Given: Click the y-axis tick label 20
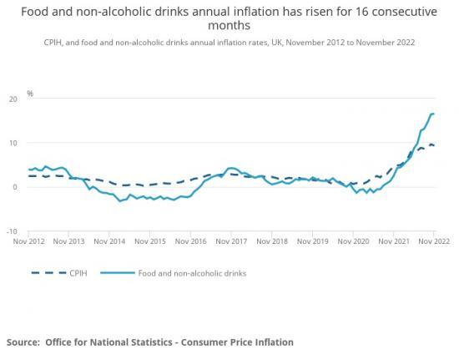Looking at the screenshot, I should (x=13, y=99).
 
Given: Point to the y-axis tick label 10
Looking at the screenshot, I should (x=13, y=143).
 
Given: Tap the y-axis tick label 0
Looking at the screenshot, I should (x=15, y=187).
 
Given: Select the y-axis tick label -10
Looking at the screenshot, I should (x=12, y=231).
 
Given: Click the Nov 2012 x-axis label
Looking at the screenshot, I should (x=29, y=241).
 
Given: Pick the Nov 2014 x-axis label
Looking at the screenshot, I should (x=110, y=241).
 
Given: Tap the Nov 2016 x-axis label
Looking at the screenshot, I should (x=191, y=241).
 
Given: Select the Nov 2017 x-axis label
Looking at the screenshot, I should (x=231, y=241).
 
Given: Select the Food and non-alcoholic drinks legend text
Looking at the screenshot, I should (x=199, y=272).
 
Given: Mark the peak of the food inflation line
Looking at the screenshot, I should (x=432, y=114).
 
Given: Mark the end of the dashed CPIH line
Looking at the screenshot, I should (x=433, y=146).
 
